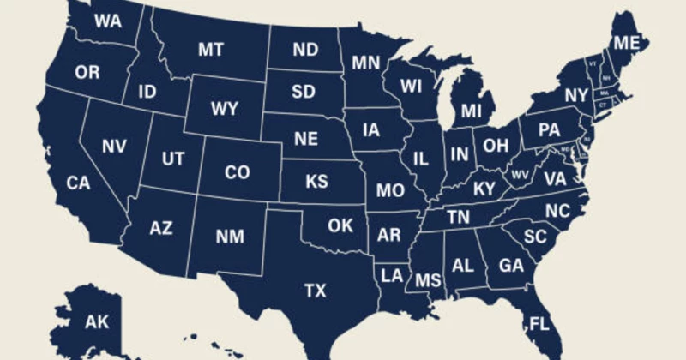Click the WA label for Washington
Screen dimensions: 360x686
click(x=106, y=20)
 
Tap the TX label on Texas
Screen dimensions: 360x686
click(x=315, y=291)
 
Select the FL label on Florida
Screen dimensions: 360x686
click(x=539, y=325)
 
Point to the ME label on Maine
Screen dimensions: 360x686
click(x=624, y=44)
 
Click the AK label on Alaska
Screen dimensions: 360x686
click(x=96, y=322)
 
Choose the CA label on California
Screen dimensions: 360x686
click(x=78, y=183)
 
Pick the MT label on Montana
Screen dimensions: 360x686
click(x=211, y=49)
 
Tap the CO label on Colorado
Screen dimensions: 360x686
click(x=237, y=172)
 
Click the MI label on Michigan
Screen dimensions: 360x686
click(x=471, y=111)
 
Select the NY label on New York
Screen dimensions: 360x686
click(x=576, y=94)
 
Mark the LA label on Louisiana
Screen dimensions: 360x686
click(x=393, y=275)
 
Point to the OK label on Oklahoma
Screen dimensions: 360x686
click(x=340, y=225)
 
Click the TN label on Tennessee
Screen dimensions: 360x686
click(x=459, y=218)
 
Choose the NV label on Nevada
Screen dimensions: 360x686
click(x=114, y=146)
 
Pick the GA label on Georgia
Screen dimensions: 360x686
click(x=511, y=266)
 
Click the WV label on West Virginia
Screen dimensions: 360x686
click(x=520, y=174)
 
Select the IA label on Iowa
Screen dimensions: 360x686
click(x=370, y=130)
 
